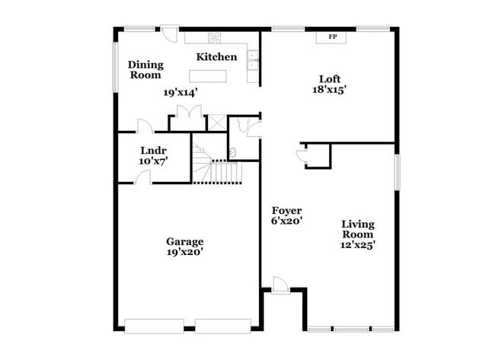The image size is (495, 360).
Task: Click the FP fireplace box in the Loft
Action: click(x=332, y=37)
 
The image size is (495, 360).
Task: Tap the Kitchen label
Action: click(x=216, y=57)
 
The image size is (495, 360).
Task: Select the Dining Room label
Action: click(x=145, y=70)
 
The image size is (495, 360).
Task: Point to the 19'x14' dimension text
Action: click(x=180, y=92)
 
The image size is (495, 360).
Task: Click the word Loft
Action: click(x=328, y=78)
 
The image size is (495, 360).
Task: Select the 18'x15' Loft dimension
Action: click(x=328, y=88)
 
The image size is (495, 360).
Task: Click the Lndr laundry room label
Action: click(x=153, y=150)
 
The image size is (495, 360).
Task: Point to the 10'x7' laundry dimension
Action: click(x=153, y=161)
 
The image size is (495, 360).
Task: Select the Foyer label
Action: click(x=287, y=210)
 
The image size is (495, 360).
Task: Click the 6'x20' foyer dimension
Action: click(x=287, y=221)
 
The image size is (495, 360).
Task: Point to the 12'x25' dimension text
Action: click(x=358, y=245)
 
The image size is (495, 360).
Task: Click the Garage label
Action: click(x=185, y=242)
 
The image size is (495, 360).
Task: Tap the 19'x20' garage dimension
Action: click(x=185, y=252)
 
